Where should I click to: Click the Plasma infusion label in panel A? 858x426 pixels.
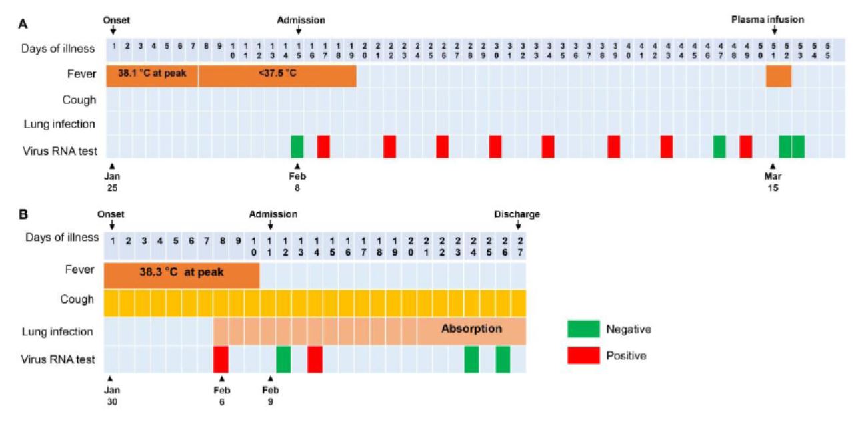click(x=767, y=20)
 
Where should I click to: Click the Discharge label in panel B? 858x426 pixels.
click(x=517, y=214)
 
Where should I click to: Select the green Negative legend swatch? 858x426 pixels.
click(x=583, y=329)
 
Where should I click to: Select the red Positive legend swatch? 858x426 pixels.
click(x=583, y=356)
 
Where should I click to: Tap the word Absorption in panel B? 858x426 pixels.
click(x=471, y=329)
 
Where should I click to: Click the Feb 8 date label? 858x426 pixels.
click(x=297, y=181)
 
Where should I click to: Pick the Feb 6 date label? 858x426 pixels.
click(x=221, y=395)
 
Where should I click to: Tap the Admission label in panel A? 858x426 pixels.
click(x=301, y=20)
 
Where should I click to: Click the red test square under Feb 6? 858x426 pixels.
click(x=221, y=359)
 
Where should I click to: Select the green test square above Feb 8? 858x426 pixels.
click(x=297, y=146)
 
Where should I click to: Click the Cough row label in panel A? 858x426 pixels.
click(x=80, y=100)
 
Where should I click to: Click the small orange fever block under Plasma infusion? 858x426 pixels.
click(x=778, y=75)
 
